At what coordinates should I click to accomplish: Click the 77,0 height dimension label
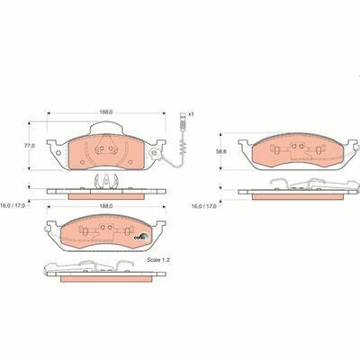click(x=29, y=145)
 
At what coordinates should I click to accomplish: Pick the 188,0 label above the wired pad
click(x=106, y=112)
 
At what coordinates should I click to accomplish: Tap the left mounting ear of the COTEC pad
click(x=52, y=228)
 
